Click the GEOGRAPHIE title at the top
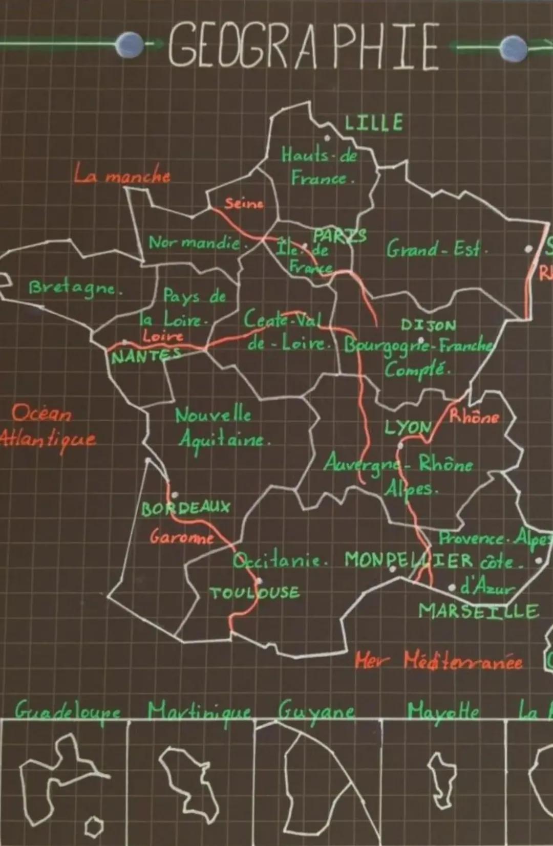[x=303, y=46]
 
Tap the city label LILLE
[x=374, y=123]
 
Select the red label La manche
[x=122, y=176]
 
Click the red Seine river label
[x=244, y=204]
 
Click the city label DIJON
[x=428, y=326]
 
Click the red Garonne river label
[x=182, y=537]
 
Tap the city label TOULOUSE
[x=254, y=593]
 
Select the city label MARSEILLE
[x=479, y=611]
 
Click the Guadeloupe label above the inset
[x=68, y=710]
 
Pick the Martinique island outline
[x=188, y=780]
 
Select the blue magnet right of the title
[x=513, y=48]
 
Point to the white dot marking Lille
[x=327, y=138]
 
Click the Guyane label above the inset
[x=316, y=710]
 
